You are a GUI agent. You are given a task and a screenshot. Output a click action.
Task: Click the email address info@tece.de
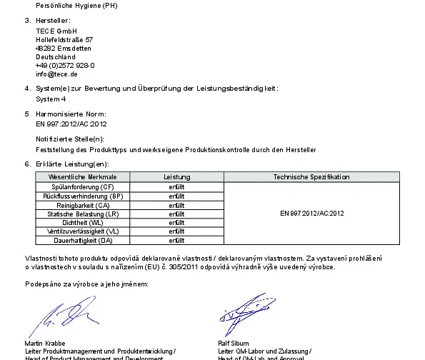point(56,74)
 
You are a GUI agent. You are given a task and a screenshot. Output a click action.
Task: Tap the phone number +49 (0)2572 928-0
point(65,65)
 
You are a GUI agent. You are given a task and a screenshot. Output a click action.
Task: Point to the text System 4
point(50,99)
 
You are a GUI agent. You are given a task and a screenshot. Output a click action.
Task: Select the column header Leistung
point(176,176)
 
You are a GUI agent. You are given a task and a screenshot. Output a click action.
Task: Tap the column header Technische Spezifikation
point(311,176)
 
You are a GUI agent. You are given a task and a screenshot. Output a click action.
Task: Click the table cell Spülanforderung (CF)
point(88,186)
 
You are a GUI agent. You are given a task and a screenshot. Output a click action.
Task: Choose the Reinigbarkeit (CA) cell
point(88,204)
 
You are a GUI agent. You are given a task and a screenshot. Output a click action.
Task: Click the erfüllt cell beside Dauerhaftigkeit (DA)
point(176,241)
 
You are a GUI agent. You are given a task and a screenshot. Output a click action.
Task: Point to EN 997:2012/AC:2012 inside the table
point(312,213)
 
